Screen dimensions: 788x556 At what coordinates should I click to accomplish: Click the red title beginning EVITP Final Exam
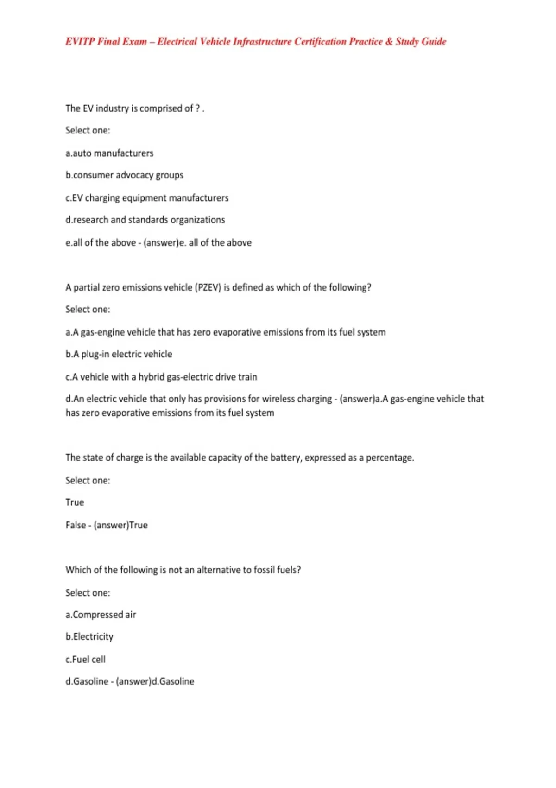[255, 42]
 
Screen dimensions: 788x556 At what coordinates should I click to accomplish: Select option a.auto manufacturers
[109, 153]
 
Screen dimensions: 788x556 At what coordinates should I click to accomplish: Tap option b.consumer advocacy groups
[124, 175]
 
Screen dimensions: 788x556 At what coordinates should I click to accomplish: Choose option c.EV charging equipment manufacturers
[147, 198]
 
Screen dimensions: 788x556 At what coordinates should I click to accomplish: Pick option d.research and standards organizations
[145, 220]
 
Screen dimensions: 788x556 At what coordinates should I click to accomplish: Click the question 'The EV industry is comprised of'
[134, 108]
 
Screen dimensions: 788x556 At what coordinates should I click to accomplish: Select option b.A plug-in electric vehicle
[119, 354]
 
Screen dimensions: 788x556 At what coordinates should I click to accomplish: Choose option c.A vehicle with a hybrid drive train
[161, 377]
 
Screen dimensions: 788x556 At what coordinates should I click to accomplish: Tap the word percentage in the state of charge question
[389, 458]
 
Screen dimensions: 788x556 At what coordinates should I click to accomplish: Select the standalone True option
[75, 502]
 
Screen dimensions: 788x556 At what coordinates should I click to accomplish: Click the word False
[76, 525]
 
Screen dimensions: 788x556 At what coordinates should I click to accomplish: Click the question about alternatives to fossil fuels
[183, 570]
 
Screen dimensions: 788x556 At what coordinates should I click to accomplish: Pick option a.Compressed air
[101, 615]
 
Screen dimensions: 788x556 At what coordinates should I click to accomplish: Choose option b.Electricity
[89, 637]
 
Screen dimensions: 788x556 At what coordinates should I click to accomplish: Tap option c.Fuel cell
[86, 659]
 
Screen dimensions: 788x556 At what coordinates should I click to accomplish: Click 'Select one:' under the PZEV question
[88, 309]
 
